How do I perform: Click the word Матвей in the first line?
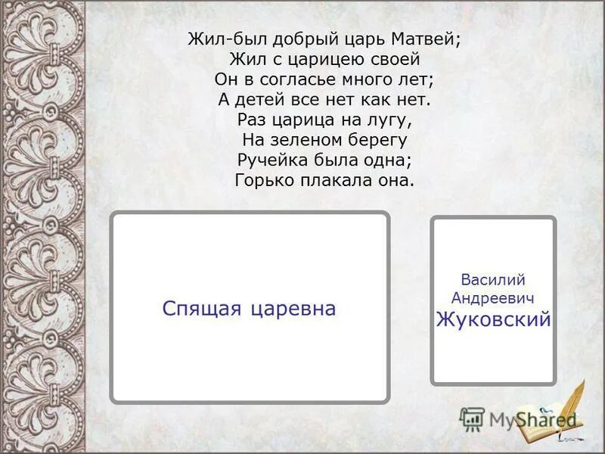pyautogui.click(x=425, y=40)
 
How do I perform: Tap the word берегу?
pyautogui.click(x=379, y=140)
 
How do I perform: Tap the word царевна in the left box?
pyautogui.click(x=291, y=309)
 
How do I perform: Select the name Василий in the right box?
pyautogui.click(x=493, y=281)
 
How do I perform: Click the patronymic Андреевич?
pyautogui.click(x=493, y=300)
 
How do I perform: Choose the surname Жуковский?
pyautogui.click(x=493, y=320)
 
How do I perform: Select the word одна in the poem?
pyautogui.click(x=390, y=160)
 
